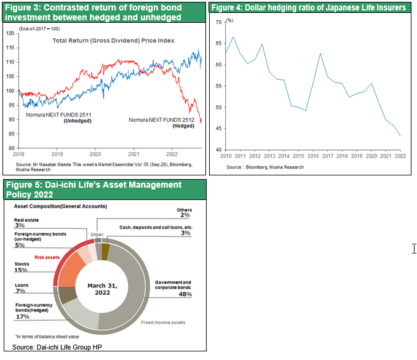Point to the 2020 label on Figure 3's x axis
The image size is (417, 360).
[x=95, y=153]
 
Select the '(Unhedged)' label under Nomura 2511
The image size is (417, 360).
[x=77, y=121]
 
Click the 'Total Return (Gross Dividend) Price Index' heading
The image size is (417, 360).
[x=113, y=40]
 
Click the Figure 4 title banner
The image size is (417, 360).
[x=309, y=8]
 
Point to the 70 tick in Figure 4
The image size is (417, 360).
[x=218, y=22]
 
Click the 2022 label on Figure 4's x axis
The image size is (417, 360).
[x=400, y=156]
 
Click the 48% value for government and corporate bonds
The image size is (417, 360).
[x=185, y=294]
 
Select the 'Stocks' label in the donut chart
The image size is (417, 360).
[x=22, y=264]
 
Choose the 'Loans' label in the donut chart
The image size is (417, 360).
[x=21, y=285]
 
